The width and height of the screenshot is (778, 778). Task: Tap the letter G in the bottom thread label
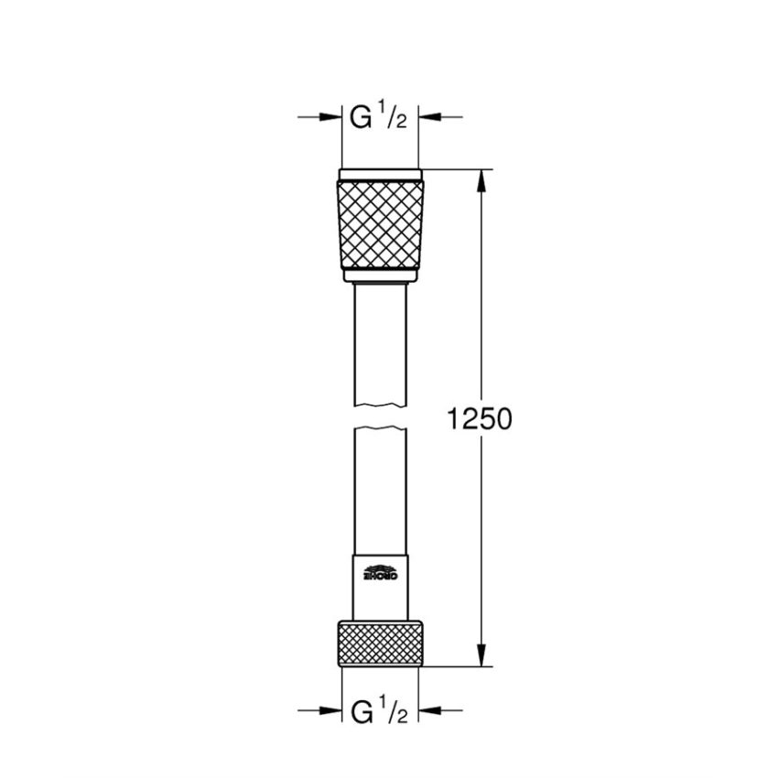pos(362,710)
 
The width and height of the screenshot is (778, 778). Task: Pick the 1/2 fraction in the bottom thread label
pos(394,710)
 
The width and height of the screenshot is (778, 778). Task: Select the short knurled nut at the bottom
pos(380,641)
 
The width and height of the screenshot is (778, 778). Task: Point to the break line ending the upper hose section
pos(380,405)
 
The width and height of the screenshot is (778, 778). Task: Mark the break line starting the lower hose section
pos(380,428)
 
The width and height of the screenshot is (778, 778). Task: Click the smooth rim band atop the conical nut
pos(380,174)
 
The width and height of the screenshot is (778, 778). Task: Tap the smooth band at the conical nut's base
pos(380,274)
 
